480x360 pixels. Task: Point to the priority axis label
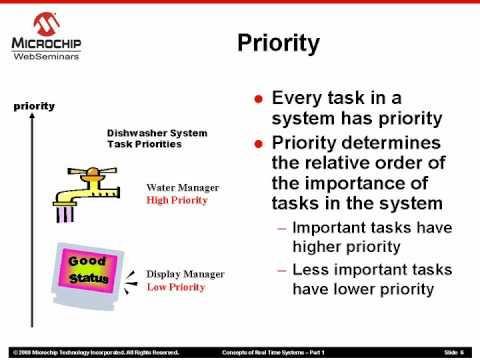(33, 105)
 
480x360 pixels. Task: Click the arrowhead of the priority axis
(33, 118)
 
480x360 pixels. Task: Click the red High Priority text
(178, 200)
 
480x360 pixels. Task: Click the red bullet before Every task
(259, 100)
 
